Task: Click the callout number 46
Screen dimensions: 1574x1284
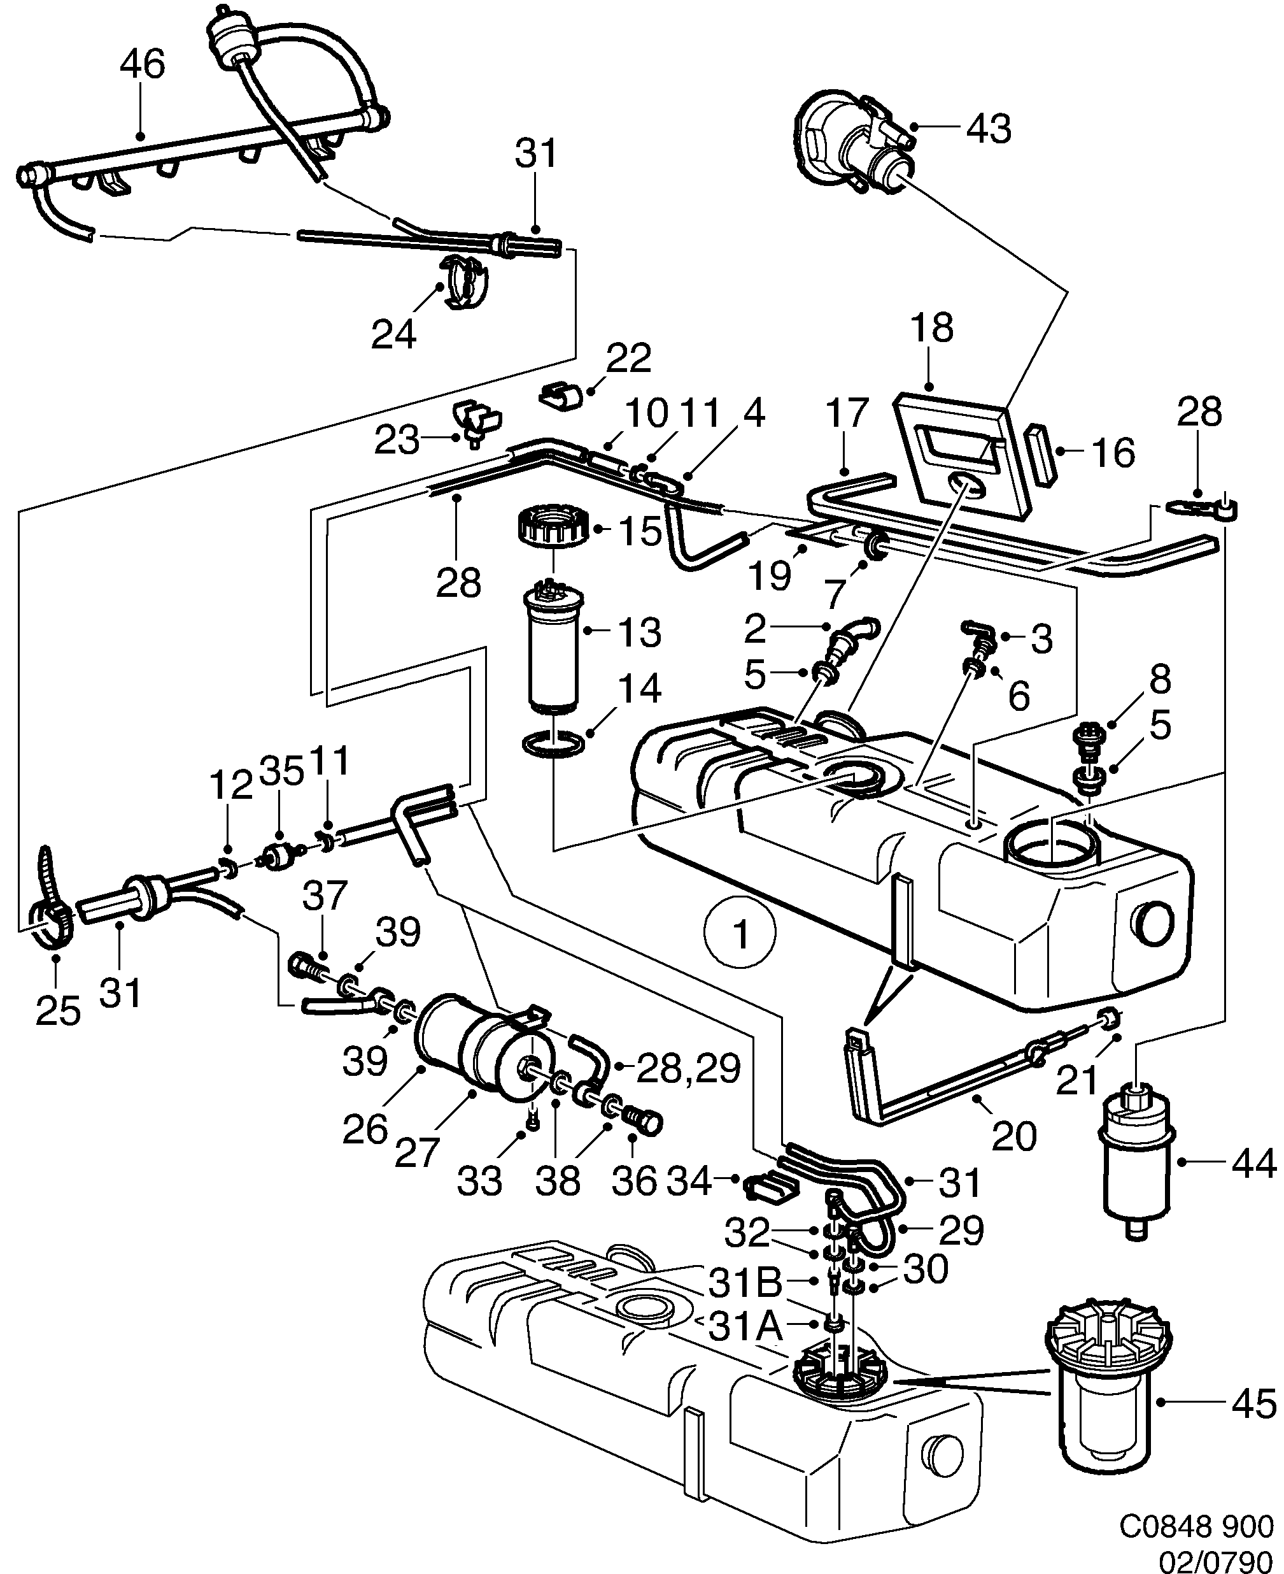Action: (142, 64)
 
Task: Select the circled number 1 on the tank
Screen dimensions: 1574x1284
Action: (740, 934)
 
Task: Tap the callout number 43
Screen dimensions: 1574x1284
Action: (990, 129)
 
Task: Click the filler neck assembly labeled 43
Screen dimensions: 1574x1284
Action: (850, 141)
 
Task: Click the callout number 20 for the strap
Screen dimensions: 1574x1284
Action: (1013, 1136)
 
